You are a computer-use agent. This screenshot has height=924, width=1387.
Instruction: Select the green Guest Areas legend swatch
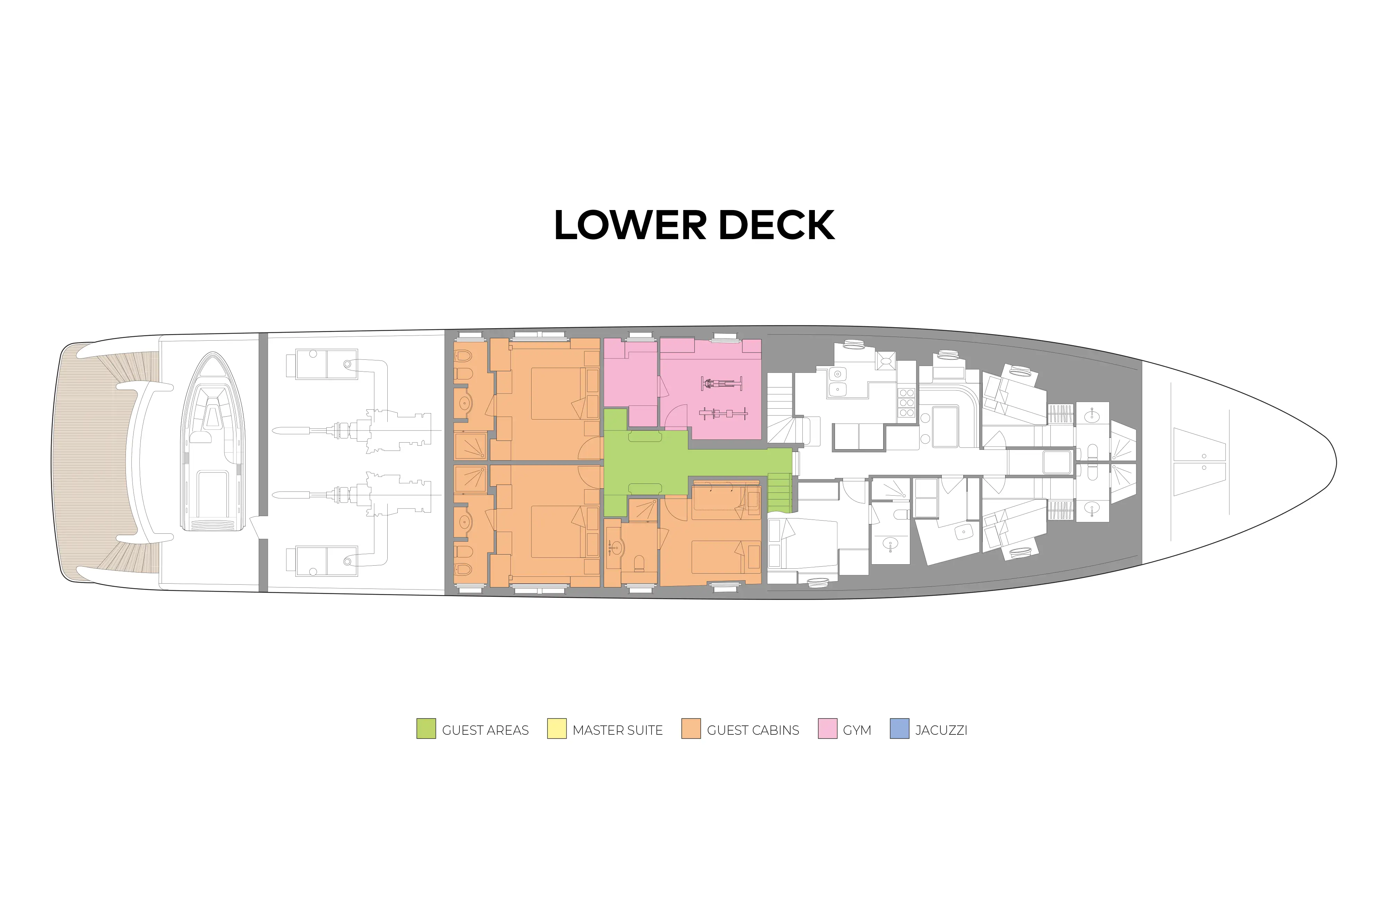coord(425,729)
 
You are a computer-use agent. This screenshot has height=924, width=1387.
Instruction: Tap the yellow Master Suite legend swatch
coord(557,729)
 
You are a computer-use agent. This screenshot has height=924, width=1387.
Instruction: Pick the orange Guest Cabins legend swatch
coord(691,729)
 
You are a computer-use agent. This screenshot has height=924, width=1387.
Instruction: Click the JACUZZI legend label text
coord(941,730)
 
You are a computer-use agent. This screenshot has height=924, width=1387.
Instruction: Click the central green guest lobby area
coord(645,463)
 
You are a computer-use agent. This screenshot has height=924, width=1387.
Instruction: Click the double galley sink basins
coord(837,381)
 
